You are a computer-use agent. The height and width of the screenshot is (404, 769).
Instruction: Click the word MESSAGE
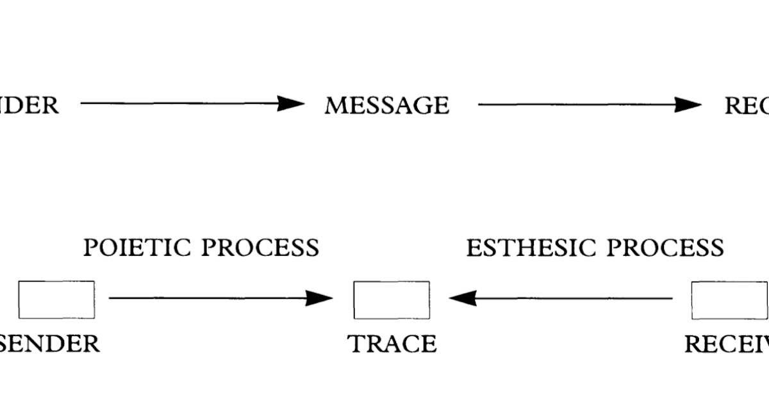[386, 105]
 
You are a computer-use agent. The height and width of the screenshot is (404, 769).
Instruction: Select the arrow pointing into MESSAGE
[192, 104]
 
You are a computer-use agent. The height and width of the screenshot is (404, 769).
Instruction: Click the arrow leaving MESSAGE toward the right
[590, 105]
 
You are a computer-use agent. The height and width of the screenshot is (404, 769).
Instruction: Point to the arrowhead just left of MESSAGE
[292, 104]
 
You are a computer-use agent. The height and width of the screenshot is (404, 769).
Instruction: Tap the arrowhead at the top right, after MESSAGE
[690, 105]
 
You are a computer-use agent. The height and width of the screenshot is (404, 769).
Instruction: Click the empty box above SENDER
[56, 299]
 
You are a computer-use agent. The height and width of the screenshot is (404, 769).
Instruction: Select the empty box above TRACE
[392, 299]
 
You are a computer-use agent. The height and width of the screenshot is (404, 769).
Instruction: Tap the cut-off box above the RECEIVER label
[731, 299]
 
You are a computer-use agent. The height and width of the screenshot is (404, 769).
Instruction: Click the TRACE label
[392, 344]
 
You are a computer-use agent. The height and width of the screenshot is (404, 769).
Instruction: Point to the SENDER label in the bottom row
[50, 344]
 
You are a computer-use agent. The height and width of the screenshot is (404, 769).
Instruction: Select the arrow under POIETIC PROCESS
[218, 298]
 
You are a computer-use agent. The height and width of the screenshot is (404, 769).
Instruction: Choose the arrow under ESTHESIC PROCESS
[564, 298]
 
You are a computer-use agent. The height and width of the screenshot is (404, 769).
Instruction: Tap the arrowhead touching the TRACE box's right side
[463, 298]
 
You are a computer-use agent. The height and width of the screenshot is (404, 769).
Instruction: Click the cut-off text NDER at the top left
[29, 105]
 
